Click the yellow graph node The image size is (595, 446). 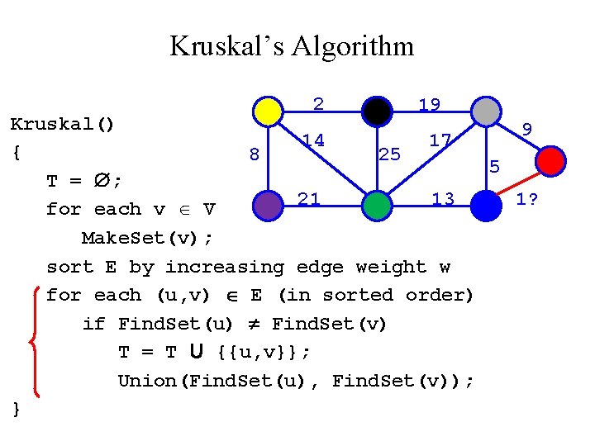(x=267, y=111)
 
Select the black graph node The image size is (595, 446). (x=376, y=111)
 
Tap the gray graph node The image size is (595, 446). (x=485, y=111)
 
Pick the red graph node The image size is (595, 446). (x=551, y=159)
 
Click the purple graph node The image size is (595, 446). (x=267, y=205)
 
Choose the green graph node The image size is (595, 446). (x=376, y=205)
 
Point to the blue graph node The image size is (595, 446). (x=485, y=205)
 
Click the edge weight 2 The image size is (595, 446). (x=318, y=103)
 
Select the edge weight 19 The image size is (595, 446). (x=429, y=105)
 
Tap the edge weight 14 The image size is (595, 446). (x=312, y=140)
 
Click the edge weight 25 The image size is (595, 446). (x=389, y=154)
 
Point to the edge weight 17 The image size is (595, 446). (x=440, y=140)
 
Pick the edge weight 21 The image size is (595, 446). (x=309, y=198)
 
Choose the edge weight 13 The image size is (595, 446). (x=443, y=199)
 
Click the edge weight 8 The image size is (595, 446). (x=255, y=154)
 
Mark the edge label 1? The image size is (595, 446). (x=527, y=199)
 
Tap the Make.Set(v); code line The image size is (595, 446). (x=147, y=238)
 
